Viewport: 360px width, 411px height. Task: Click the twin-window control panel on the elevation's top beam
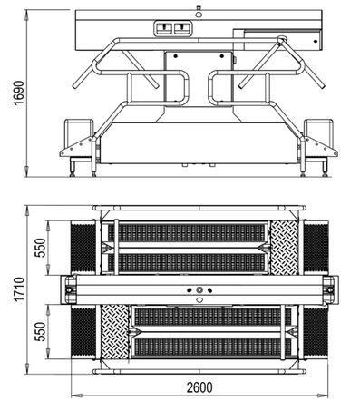point(176,28)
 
